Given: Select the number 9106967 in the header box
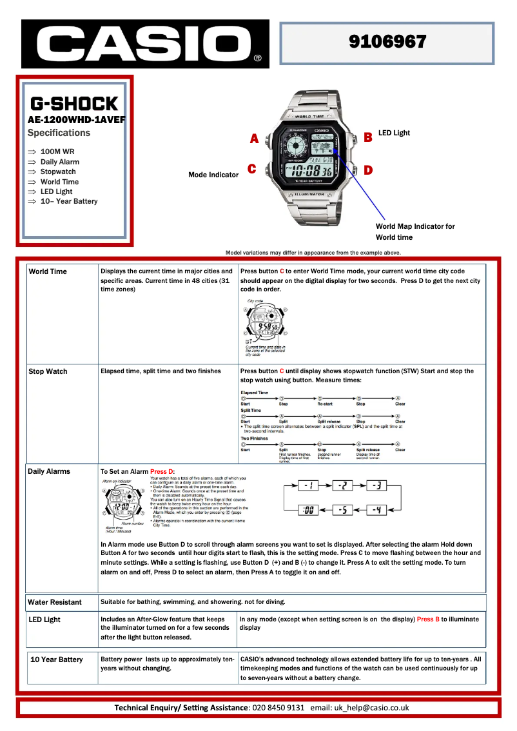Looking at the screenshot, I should point(387,42).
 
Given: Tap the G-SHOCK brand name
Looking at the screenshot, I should point(74,104).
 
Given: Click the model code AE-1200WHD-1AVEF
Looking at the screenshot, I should point(77,119).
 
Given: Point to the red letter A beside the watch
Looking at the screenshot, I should point(254,139).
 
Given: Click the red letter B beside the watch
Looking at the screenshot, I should point(368,137).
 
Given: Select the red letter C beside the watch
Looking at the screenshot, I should point(252,170).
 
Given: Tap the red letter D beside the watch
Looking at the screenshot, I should point(368,170).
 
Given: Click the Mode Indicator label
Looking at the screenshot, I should point(213,175).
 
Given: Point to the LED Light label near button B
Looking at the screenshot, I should point(394,133).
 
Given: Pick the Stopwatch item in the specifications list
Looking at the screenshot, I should point(58,171).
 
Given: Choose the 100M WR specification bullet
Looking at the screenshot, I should point(57,151).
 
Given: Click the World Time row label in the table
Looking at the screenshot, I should point(48,271).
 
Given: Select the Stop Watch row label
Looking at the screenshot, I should point(48,371).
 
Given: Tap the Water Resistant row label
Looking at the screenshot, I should point(55,602).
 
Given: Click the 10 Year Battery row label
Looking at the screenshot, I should point(57,659).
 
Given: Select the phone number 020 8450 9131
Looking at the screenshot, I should point(278,707).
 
